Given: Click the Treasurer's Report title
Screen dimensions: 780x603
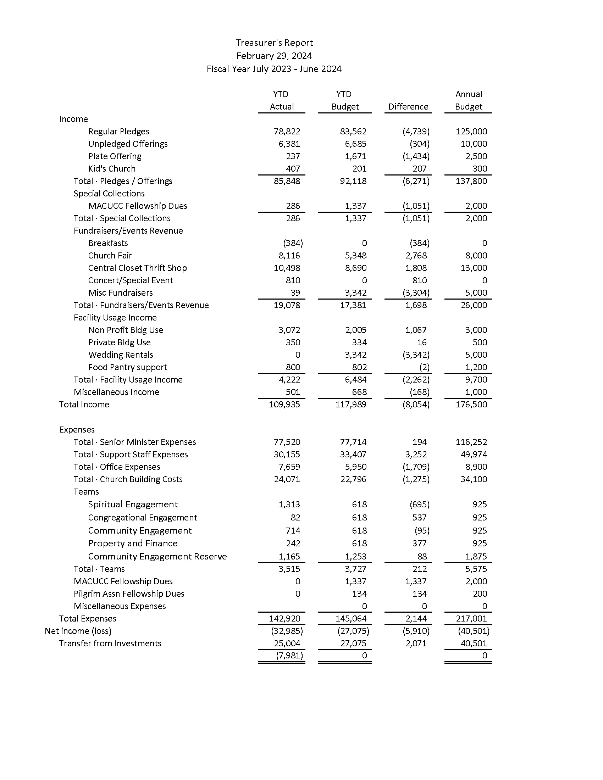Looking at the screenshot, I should [x=274, y=43].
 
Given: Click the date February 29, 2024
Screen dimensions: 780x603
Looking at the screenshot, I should [x=274, y=56].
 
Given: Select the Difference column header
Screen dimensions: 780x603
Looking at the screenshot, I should [x=408, y=107].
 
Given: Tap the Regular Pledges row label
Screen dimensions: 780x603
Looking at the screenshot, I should [x=118, y=132].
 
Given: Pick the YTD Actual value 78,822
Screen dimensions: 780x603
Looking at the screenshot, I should [x=287, y=132].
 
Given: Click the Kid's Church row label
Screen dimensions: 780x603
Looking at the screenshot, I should [x=112, y=168].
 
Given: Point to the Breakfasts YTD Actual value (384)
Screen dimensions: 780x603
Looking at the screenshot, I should [x=293, y=243].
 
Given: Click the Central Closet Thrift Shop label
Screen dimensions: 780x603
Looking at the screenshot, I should [x=137, y=268].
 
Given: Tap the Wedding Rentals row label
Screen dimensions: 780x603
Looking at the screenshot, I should [x=120, y=355].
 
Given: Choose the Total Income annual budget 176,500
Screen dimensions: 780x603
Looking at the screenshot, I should [x=471, y=405].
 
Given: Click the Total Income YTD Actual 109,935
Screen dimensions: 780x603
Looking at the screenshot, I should [x=284, y=405].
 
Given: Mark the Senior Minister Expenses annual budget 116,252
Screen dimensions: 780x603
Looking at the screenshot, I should [x=471, y=442].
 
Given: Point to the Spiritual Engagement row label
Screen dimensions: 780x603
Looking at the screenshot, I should [x=133, y=504].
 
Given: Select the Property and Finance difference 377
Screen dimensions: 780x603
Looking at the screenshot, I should [x=419, y=543].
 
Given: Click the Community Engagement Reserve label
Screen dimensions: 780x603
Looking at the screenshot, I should [x=157, y=556].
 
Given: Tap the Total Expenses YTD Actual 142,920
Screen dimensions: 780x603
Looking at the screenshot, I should [x=284, y=619].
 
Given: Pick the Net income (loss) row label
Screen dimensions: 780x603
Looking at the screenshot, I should [x=78, y=631].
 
